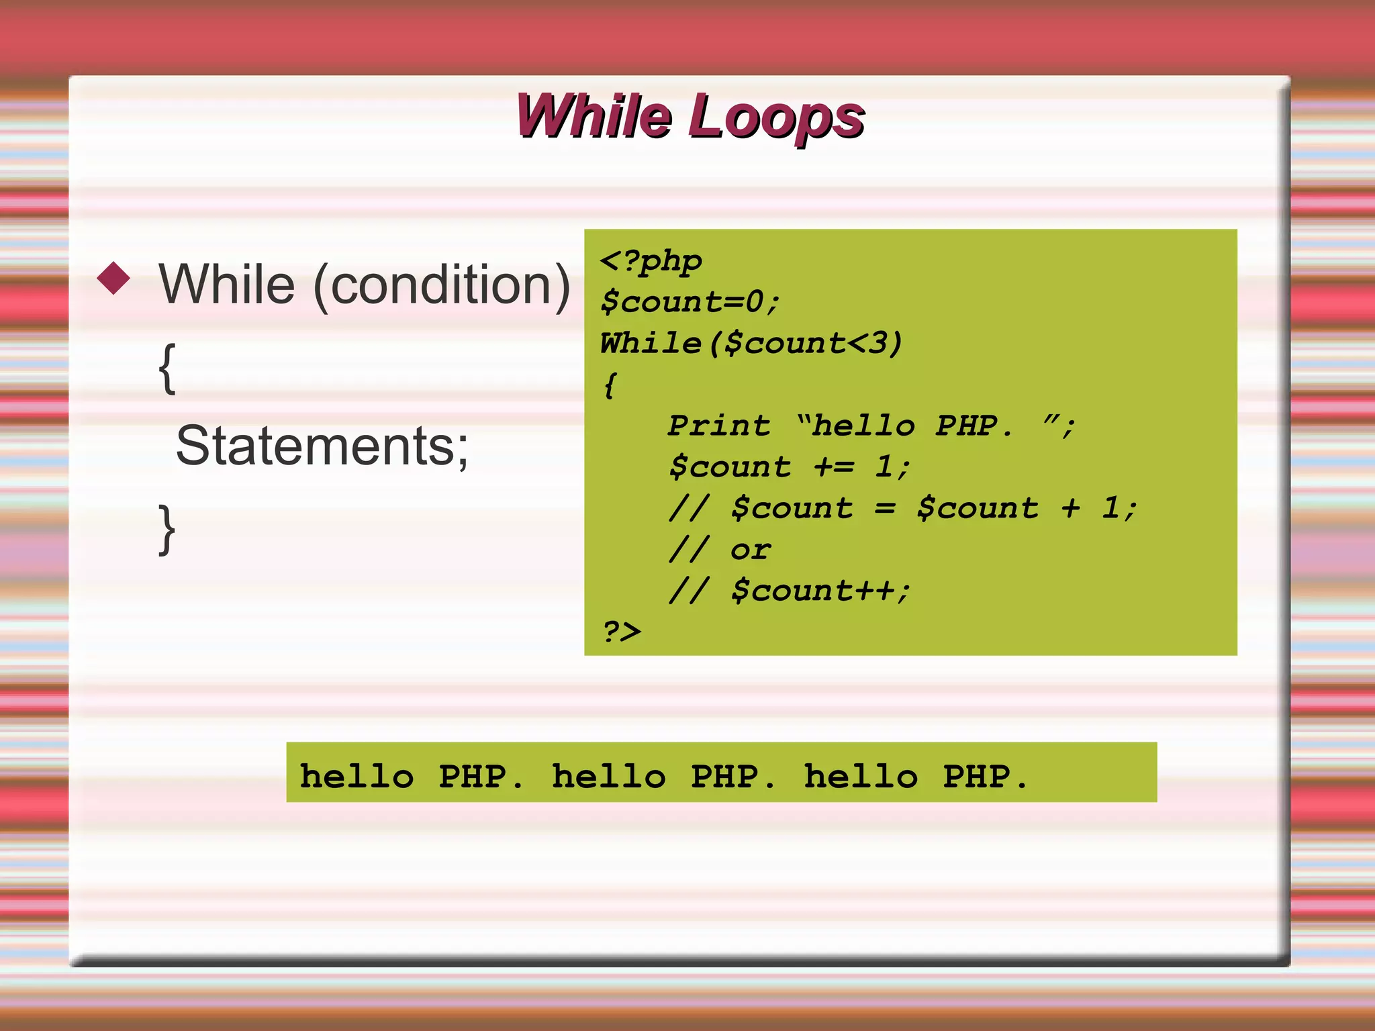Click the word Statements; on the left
[x=322, y=446]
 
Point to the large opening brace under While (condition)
[x=167, y=369]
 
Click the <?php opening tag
[x=651, y=262]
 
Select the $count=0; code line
[x=690, y=302]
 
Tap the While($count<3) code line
[x=751, y=344]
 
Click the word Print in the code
[x=719, y=426]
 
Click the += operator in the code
[x=834, y=467]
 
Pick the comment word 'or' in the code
[x=751, y=550]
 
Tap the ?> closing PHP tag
[x=622, y=632]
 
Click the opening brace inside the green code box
[x=610, y=386]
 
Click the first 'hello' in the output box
[x=357, y=777]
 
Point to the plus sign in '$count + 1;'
[x=1070, y=509]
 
